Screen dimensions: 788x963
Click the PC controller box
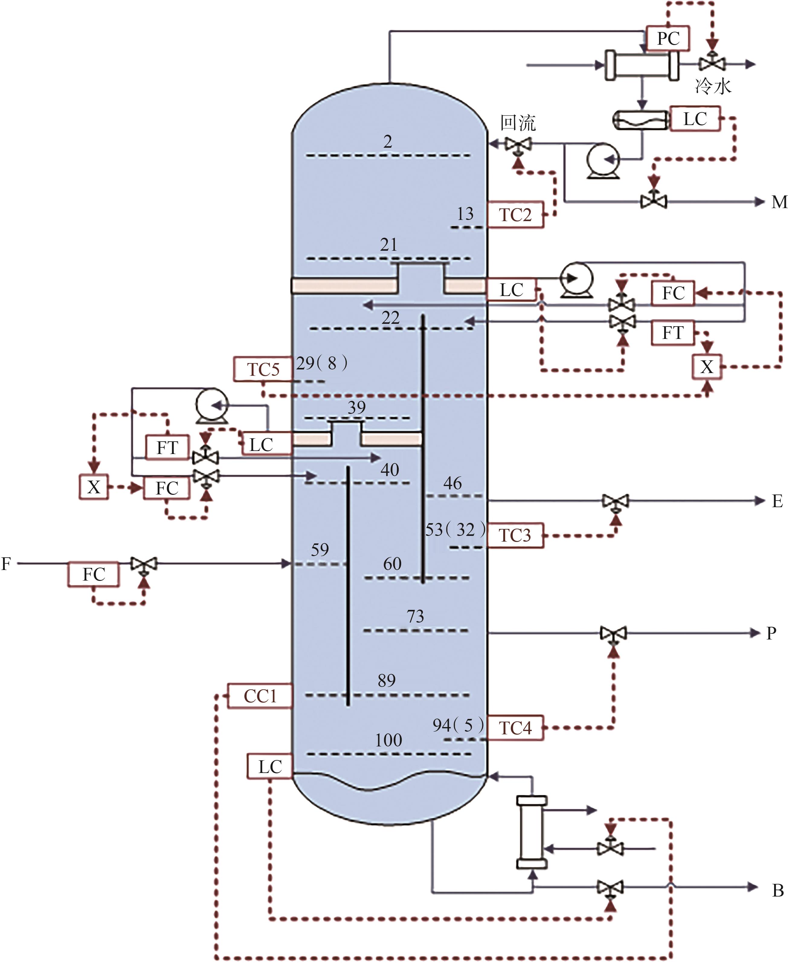coord(668,39)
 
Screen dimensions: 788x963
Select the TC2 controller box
coord(516,214)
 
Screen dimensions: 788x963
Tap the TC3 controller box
coord(516,535)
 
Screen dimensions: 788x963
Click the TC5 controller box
coord(263,369)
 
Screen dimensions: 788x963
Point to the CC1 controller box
coord(260,696)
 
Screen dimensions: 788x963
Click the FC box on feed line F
coord(94,574)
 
